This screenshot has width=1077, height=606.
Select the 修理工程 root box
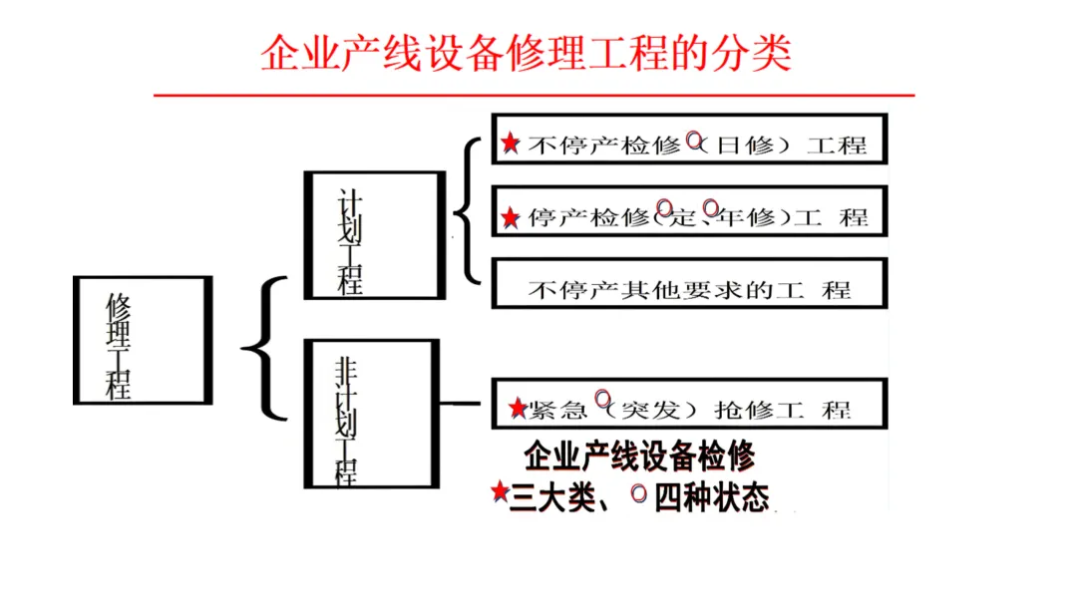coord(143,340)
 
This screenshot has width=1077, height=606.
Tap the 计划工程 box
coord(374,235)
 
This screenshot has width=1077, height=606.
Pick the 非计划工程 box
coord(373,414)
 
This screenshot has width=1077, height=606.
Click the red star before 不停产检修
coord(511,145)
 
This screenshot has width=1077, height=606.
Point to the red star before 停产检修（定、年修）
coord(511,217)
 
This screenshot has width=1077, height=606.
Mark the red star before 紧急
coord(517,409)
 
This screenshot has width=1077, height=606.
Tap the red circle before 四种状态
coord(639,492)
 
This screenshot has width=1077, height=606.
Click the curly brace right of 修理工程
coord(263,348)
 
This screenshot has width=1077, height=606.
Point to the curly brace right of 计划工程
coord(465,211)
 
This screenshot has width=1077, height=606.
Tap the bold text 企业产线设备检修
coord(639,456)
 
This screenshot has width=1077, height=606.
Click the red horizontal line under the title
coord(534,95)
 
